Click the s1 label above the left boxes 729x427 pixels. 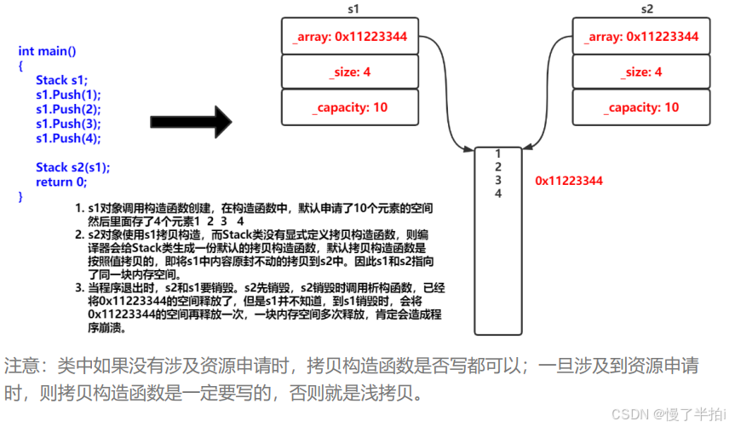coord(353,9)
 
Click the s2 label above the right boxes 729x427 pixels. coord(647,9)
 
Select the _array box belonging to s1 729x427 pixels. coord(350,37)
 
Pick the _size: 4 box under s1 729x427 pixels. coord(350,72)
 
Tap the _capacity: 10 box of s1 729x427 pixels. coord(350,107)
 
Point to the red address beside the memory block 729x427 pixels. coord(569,181)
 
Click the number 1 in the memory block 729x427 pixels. coord(497,153)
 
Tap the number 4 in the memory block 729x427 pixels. coord(497,193)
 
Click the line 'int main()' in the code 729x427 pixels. coord(47,51)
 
